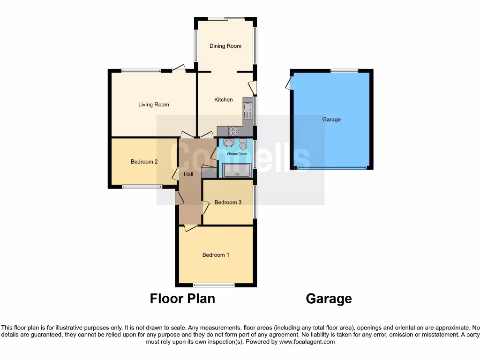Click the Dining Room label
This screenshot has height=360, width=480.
pyautogui.click(x=225, y=46)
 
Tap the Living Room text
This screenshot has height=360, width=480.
pyautogui.click(x=153, y=105)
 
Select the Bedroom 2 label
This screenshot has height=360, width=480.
pyautogui.click(x=144, y=162)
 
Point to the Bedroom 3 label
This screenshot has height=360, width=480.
pyautogui.click(x=228, y=202)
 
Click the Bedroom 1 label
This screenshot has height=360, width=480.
pyautogui.click(x=216, y=255)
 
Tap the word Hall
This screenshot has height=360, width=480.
pyautogui.click(x=188, y=174)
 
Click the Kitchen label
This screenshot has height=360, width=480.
pyautogui.click(x=224, y=99)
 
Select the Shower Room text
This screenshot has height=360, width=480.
pyautogui.click(x=237, y=154)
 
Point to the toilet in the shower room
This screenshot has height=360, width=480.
pyautogui.click(x=243, y=144)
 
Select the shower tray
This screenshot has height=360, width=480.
pyautogui.click(x=237, y=171)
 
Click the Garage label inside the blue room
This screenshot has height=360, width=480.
pyautogui.click(x=331, y=120)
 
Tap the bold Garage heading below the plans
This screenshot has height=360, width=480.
pyautogui.click(x=329, y=299)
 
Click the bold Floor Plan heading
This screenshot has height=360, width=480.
pyautogui.click(x=182, y=299)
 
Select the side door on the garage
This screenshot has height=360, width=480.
pyautogui.click(x=288, y=83)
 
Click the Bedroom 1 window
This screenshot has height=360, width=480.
pyautogui.click(x=214, y=285)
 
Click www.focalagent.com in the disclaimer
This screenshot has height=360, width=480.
pyautogui.click(x=307, y=342)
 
